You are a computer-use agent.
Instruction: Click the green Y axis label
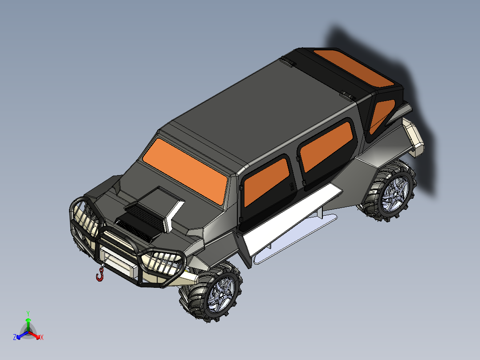tap(28, 313)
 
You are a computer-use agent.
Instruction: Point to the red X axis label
tap(41, 337)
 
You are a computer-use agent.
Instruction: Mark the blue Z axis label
tap(15, 337)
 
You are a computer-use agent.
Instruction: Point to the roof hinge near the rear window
tap(347, 94)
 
